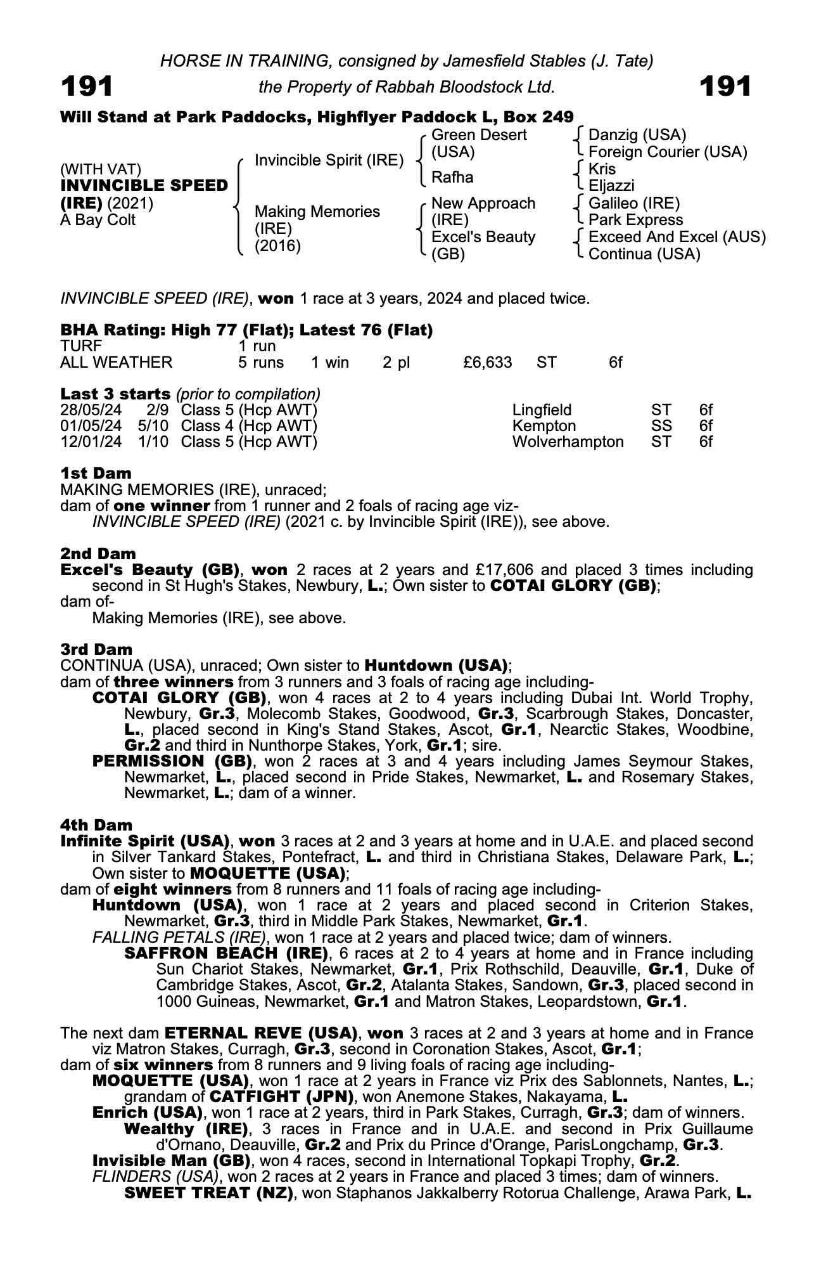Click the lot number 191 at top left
pyautogui.click(x=87, y=86)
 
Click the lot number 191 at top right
pyautogui.click(x=725, y=86)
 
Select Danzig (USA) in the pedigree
pyautogui.click(x=637, y=135)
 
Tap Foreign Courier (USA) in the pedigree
pyautogui.click(x=668, y=152)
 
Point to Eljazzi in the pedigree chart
pyautogui.click(x=611, y=186)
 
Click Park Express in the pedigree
pyautogui.click(x=635, y=220)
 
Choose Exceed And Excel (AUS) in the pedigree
pyautogui.click(x=677, y=237)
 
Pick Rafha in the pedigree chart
pyautogui.click(x=452, y=178)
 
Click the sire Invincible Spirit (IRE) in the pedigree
pyautogui.click(x=329, y=160)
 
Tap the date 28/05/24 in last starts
pyautogui.click(x=91, y=410)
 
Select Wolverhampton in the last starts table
pyautogui.click(x=568, y=442)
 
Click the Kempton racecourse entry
pyautogui.click(x=544, y=426)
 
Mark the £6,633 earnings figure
pyautogui.click(x=487, y=363)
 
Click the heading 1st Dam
pyautogui.click(x=96, y=474)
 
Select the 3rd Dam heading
pyautogui.click(x=96, y=649)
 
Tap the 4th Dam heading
pyautogui.click(x=96, y=825)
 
